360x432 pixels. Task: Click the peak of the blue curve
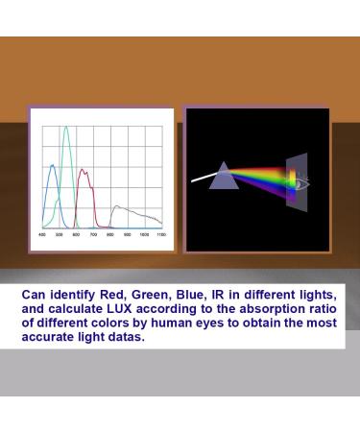[x=53, y=164]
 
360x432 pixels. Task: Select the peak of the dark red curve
[x=83, y=171]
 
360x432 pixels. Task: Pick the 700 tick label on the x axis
[x=93, y=234]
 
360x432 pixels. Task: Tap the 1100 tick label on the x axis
[x=160, y=234]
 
